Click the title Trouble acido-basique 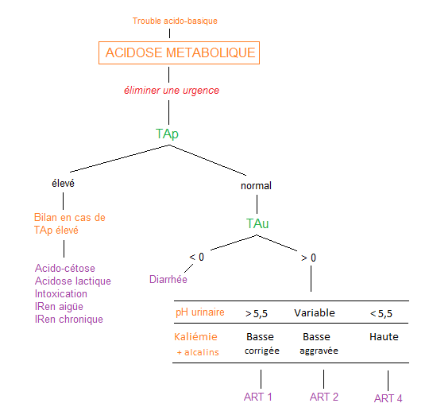point(175,21)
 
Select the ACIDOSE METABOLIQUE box point(179,52)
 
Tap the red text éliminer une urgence point(172,91)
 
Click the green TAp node point(167,134)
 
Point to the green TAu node point(257,223)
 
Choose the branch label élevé point(64,183)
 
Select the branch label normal point(256,186)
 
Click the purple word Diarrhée point(168,279)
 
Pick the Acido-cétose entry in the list point(65,268)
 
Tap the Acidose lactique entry point(73,281)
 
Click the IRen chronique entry point(69,320)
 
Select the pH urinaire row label point(200,312)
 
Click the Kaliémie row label point(195,336)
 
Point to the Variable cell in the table point(315,312)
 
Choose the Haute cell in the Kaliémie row point(384,336)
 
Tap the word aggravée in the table point(319,351)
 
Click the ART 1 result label point(258,397)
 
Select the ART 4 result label point(388,398)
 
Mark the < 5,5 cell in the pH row point(381,313)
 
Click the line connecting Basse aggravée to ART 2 point(323,379)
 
